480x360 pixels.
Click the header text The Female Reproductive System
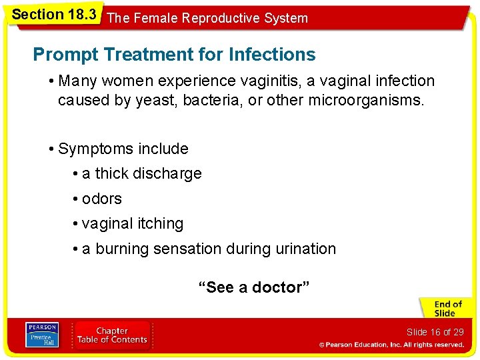(207, 18)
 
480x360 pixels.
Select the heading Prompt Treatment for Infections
(174, 54)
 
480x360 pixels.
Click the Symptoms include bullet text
(123, 149)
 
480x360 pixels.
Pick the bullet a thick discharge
(141, 174)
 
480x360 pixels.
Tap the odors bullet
(101, 199)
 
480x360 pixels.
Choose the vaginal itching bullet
(132, 224)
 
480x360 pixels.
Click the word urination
(303, 249)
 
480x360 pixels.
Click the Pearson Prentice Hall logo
(41, 335)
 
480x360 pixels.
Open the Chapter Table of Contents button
(112, 335)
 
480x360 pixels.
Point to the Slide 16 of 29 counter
(435, 332)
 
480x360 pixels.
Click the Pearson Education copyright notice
(391, 345)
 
